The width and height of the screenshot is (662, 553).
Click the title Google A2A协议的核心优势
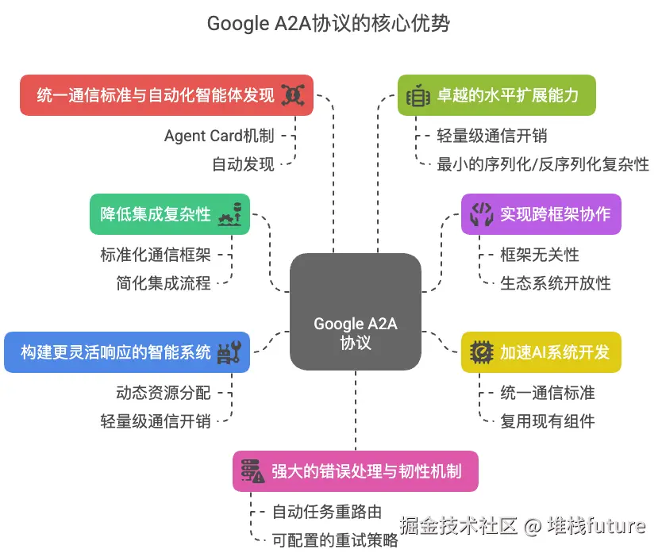(x=329, y=24)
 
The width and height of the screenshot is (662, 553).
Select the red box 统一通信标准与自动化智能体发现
(x=166, y=95)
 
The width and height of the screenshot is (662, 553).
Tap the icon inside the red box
(x=294, y=95)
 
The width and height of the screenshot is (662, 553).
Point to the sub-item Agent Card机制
(x=219, y=136)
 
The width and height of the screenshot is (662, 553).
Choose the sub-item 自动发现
(x=243, y=164)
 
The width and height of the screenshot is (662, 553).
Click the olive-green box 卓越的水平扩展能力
(x=496, y=95)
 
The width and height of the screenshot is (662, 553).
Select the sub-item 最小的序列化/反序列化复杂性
(x=543, y=164)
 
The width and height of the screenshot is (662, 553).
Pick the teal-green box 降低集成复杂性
(x=170, y=214)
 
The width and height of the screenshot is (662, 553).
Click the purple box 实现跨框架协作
(x=541, y=214)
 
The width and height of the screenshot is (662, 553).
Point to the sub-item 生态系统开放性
(x=556, y=282)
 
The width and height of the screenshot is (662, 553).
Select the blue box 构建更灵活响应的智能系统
(x=127, y=352)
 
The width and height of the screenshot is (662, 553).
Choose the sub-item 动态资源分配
(x=164, y=392)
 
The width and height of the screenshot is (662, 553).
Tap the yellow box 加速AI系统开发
(x=541, y=352)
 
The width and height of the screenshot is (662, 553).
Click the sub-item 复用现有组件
(x=548, y=421)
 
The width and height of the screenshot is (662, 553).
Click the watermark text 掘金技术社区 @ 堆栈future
(x=522, y=525)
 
